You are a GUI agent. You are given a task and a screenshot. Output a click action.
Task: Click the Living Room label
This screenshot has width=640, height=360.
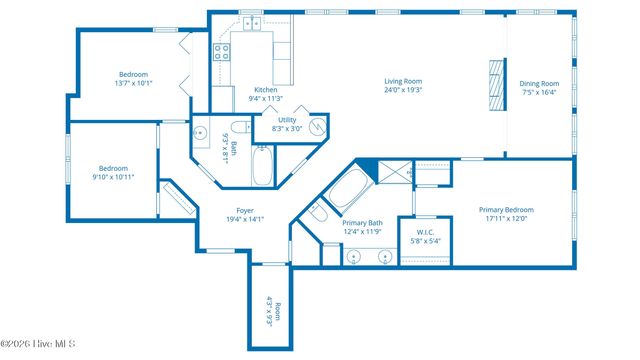(x=404, y=81)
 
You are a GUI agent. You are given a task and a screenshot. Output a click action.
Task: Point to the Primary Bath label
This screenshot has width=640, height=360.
(x=362, y=223)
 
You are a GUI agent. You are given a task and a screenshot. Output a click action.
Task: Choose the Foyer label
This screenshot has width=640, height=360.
(x=244, y=210)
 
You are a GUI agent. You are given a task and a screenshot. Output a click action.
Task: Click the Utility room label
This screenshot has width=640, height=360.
(x=287, y=120)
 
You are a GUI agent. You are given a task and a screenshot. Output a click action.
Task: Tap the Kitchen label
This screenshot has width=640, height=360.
(x=266, y=90)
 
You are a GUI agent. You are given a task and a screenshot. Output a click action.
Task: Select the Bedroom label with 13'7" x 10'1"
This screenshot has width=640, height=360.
(x=134, y=75)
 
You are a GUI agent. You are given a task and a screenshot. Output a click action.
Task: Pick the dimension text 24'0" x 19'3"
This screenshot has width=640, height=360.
(x=404, y=90)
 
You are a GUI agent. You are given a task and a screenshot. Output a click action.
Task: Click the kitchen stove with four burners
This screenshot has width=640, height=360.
(x=221, y=53)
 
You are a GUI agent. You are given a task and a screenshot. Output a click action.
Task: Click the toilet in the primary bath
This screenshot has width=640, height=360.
(x=317, y=213)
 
